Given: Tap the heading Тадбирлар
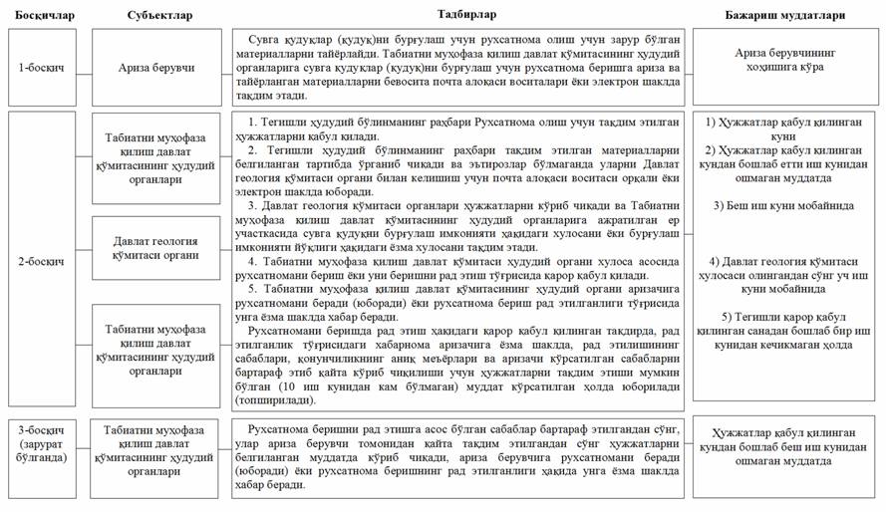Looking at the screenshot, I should pos(465,11).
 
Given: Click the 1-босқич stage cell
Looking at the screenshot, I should pos(44,67).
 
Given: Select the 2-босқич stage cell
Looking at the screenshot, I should pos(44,260).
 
